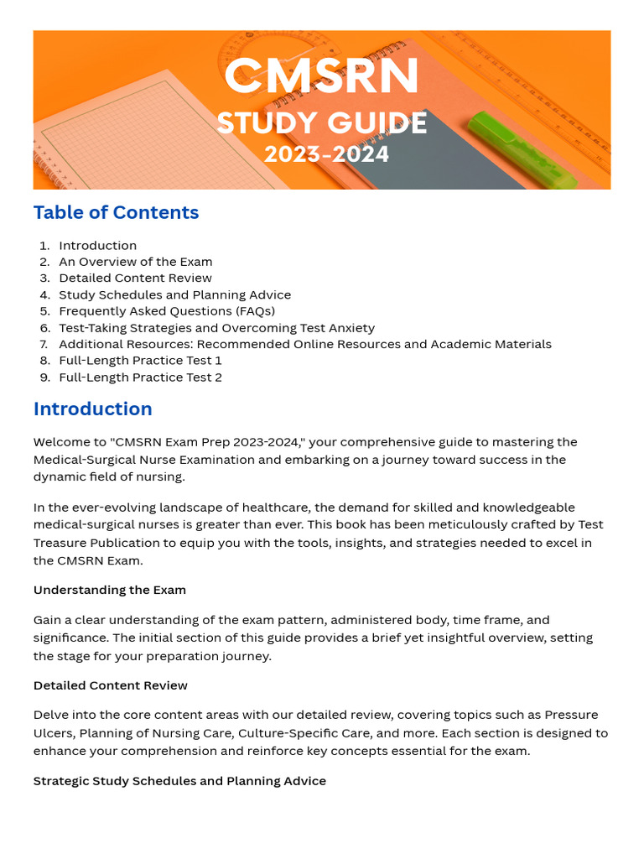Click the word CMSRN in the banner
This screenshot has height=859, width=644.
[321, 77]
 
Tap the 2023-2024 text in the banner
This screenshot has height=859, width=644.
[326, 155]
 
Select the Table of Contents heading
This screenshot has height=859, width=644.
[116, 212]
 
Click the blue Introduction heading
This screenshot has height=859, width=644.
[92, 409]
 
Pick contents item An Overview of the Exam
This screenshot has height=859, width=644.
[135, 262]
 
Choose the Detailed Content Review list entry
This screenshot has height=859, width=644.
[135, 278]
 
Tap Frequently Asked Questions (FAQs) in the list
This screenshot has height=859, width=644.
[166, 311]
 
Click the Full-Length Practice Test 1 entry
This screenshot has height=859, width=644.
[140, 361]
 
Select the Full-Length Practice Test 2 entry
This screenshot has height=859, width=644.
[140, 377]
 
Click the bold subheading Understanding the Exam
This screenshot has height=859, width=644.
[110, 590]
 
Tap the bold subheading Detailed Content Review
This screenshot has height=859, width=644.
[111, 685]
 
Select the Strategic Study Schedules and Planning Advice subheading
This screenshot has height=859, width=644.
[179, 781]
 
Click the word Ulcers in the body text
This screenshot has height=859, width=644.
[52, 733]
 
